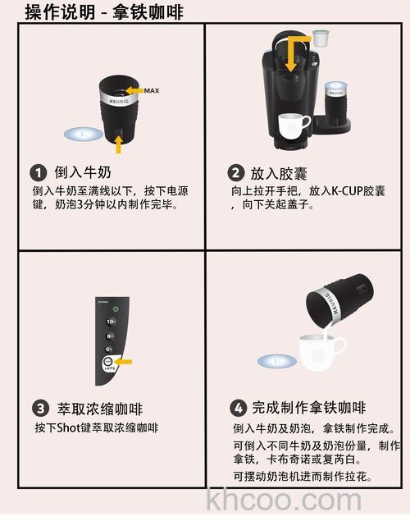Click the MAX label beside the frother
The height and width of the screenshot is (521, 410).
tap(151, 90)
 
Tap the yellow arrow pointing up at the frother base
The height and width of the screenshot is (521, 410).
tap(119, 144)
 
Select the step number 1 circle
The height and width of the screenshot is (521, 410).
tap(38, 173)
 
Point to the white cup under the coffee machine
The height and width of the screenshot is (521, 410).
tap(294, 126)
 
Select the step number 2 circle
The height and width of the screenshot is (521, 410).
tap(235, 173)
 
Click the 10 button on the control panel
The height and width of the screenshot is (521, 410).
tap(111, 322)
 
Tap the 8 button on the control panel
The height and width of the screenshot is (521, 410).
tap(111, 336)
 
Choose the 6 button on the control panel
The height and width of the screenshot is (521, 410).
tap(111, 349)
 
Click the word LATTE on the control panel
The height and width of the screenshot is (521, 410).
tap(109, 370)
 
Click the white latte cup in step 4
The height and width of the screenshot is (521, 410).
tap(322, 355)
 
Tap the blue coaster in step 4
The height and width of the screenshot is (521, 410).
tap(276, 360)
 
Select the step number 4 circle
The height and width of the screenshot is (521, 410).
tap(239, 408)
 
